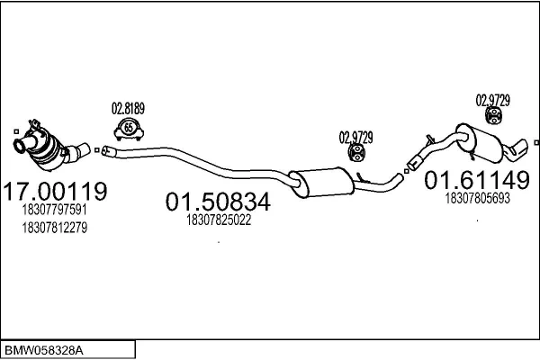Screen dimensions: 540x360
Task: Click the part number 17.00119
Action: [55, 191]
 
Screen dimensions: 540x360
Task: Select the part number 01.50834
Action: [218, 202]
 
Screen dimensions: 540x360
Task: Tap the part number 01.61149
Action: [477, 180]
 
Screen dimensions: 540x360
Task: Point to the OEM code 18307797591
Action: [54, 210]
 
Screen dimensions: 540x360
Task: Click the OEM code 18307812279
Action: [54, 228]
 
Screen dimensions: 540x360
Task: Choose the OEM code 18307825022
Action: [219, 220]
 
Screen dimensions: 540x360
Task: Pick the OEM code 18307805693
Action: [477, 198]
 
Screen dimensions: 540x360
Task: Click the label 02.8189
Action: [128, 109]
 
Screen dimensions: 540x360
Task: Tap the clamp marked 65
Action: [129, 130]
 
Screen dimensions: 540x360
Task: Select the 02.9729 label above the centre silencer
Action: [356, 138]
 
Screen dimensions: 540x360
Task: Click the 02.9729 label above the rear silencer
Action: [493, 101]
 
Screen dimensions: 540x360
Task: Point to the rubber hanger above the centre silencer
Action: [356, 153]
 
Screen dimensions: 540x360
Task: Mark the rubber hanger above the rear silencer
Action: [493, 115]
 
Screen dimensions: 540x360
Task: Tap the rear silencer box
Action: [481, 143]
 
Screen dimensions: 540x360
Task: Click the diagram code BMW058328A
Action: [44, 351]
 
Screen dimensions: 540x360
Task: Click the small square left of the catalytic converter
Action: [16, 131]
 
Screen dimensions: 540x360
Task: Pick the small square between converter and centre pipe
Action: [97, 150]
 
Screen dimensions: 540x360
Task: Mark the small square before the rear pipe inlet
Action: [407, 171]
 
